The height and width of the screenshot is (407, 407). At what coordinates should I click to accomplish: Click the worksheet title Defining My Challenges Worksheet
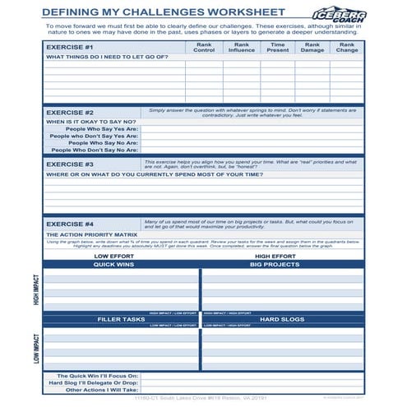[164, 12]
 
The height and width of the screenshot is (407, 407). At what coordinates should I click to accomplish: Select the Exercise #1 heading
[70, 48]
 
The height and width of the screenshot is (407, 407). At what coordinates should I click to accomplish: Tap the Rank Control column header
[203, 48]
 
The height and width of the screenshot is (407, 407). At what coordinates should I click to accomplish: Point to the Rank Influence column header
[242, 48]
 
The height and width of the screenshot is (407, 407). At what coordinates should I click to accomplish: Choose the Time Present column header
[278, 48]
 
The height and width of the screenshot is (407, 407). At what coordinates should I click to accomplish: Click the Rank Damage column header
[312, 48]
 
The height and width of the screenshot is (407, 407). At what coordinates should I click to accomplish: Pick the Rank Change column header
[347, 48]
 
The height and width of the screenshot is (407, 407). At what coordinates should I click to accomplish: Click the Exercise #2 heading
[70, 112]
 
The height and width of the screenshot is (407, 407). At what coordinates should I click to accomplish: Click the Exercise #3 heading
[70, 164]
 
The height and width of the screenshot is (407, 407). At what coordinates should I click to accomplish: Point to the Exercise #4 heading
[70, 224]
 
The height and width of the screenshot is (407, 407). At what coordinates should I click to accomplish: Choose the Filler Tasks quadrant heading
[121, 319]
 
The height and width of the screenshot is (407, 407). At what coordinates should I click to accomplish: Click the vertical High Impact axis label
[34, 290]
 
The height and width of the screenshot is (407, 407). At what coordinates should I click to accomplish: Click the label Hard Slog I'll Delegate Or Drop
[93, 382]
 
